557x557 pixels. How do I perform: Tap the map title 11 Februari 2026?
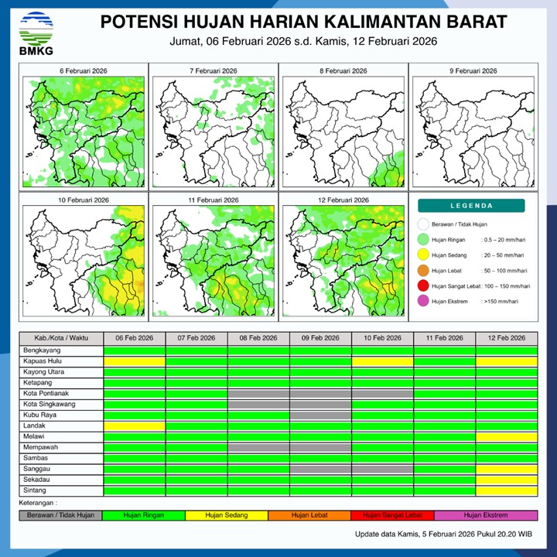212,200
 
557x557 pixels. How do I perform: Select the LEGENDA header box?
471,206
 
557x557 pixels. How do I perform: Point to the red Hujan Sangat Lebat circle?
422,286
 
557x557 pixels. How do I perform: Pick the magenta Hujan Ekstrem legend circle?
422,301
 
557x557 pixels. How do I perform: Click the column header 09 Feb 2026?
320,339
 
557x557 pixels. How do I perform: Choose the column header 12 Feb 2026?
507,339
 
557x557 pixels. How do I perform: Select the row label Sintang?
36,490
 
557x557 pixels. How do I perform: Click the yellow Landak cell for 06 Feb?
135,426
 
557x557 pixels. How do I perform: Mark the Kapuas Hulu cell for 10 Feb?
382,361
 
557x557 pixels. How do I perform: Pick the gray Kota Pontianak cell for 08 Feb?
258,394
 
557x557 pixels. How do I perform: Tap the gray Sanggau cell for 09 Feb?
320,469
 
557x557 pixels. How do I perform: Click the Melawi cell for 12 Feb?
507,437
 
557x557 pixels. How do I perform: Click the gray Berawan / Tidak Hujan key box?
61,514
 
